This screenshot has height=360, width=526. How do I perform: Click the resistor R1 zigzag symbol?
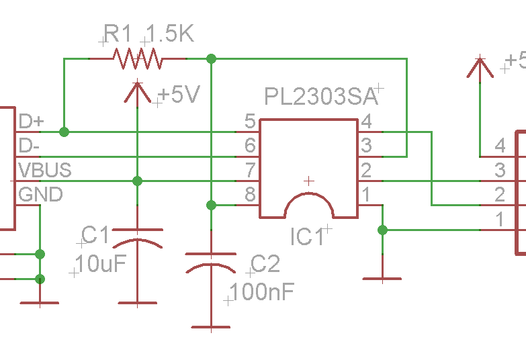(x=139, y=58)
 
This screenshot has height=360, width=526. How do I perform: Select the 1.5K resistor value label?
(x=169, y=34)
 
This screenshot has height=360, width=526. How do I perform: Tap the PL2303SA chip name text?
(x=318, y=95)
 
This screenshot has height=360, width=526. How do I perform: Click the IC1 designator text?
(x=308, y=236)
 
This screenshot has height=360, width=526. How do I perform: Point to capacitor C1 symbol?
(x=137, y=244)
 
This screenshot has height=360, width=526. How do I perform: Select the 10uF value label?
(x=101, y=264)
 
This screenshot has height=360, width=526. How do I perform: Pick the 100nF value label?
(x=261, y=292)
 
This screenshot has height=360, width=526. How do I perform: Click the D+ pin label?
(x=32, y=122)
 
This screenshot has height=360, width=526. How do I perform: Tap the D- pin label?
(x=30, y=146)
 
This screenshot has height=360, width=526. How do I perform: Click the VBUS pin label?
(x=44, y=170)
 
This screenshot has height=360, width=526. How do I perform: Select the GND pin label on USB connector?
(x=41, y=195)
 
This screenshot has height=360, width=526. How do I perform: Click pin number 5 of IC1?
(x=250, y=122)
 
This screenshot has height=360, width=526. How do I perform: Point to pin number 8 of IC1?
(x=250, y=195)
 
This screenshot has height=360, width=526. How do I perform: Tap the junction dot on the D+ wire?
(x=64, y=132)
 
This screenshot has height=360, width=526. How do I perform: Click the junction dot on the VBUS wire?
(x=137, y=181)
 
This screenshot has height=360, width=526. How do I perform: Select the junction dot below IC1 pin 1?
(x=382, y=230)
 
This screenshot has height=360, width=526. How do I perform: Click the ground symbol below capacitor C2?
(x=211, y=327)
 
